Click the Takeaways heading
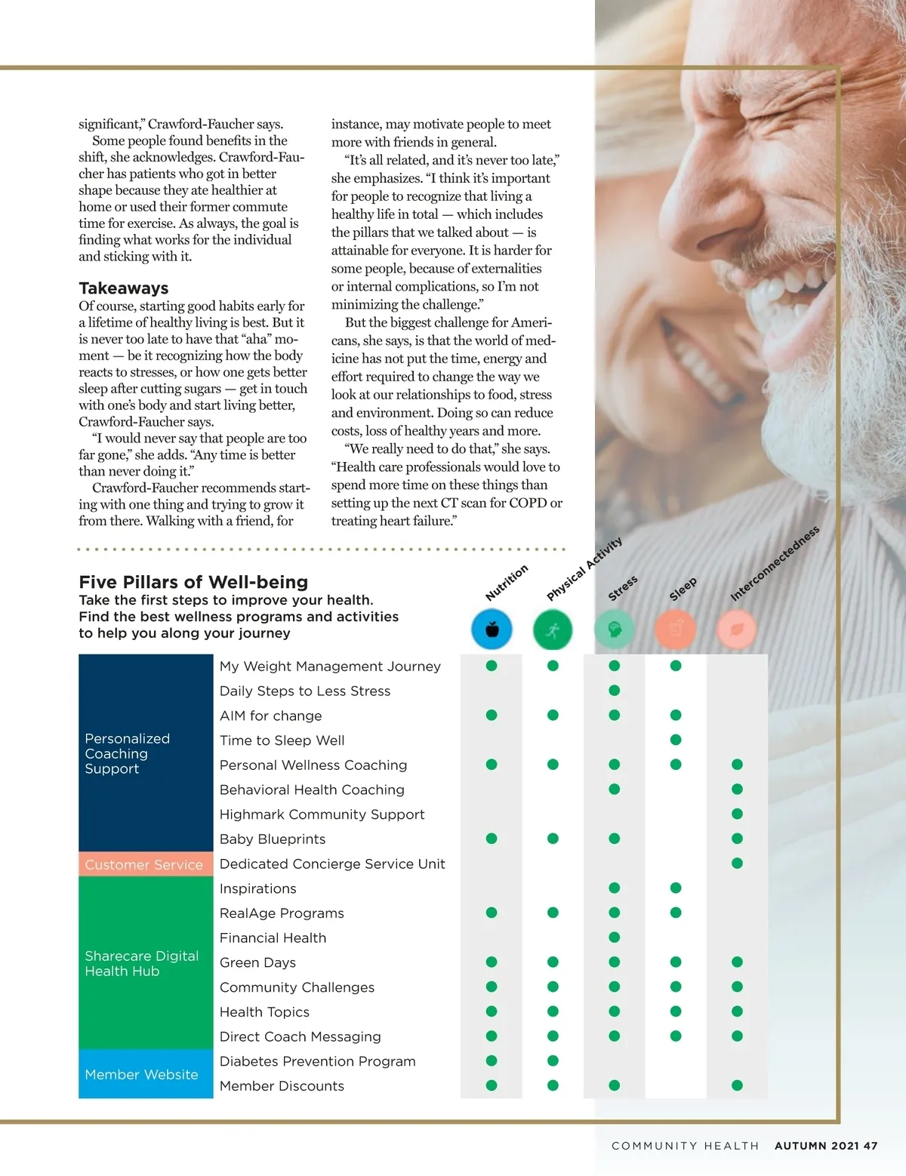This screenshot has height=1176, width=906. tap(124, 288)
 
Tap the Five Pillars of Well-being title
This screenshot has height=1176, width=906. tap(193, 582)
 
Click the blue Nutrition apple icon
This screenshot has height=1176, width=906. tap(492, 630)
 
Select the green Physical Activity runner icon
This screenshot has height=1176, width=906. tap(553, 630)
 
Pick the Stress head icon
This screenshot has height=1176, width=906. tap(614, 630)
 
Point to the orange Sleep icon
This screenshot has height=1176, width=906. tap(676, 630)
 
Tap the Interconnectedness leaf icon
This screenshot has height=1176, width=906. tap(737, 630)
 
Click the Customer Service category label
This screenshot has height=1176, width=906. tap(144, 864)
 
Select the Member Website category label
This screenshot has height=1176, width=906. tap(141, 1074)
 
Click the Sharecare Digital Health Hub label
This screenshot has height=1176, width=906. tap(141, 963)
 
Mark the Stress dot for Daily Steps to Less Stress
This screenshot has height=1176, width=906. tap(615, 690)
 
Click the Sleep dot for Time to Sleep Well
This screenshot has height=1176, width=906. tap(676, 740)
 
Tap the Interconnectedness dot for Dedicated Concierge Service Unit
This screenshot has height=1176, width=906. tap(737, 863)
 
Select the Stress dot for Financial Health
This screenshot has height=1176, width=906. tap(615, 937)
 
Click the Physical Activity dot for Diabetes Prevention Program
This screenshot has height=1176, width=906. tap(553, 1061)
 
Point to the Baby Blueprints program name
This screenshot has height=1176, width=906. tap(273, 839)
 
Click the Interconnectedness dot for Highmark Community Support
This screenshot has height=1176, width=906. tap(737, 814)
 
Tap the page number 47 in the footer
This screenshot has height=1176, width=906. tap(871, 1146)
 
